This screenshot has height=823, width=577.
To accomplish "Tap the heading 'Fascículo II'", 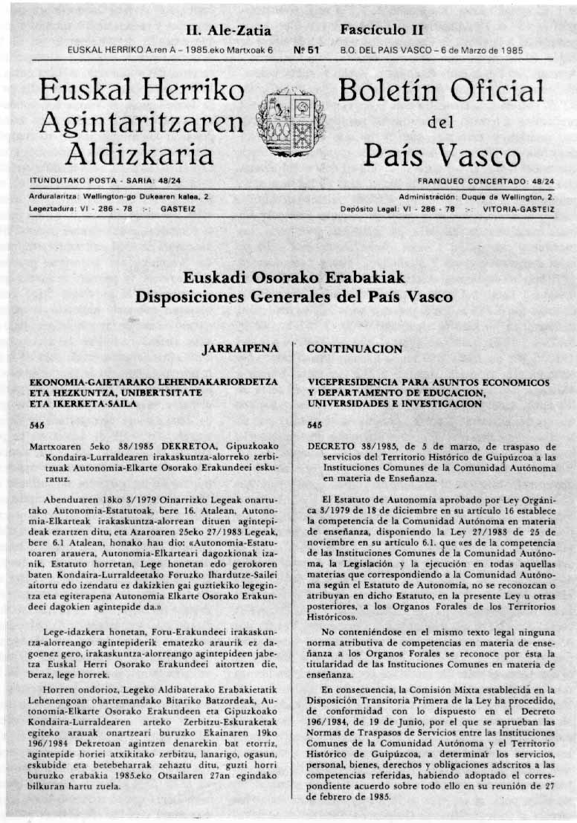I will click(381, 30).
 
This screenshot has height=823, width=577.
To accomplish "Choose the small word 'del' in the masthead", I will click(441, 124).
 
